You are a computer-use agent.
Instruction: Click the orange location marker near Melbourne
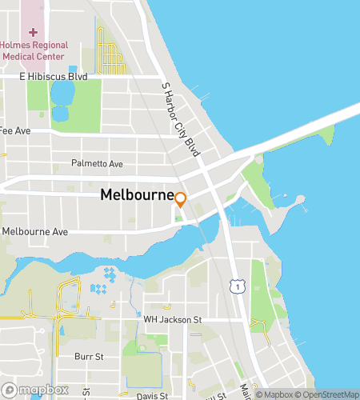(181, 200)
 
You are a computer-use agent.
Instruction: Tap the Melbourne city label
(137, 195)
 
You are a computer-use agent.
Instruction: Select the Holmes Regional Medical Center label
(35, 51)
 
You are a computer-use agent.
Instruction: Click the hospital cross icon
(34, 33)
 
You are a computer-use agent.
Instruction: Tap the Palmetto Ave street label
(97, 164)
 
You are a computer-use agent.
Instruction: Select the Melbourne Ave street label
(34, 232)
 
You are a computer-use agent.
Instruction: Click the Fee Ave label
(14, 130)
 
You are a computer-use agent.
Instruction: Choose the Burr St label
(90, 356)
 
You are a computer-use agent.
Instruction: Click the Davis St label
(152, 395)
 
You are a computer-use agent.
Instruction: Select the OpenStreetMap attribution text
(327, 394)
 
